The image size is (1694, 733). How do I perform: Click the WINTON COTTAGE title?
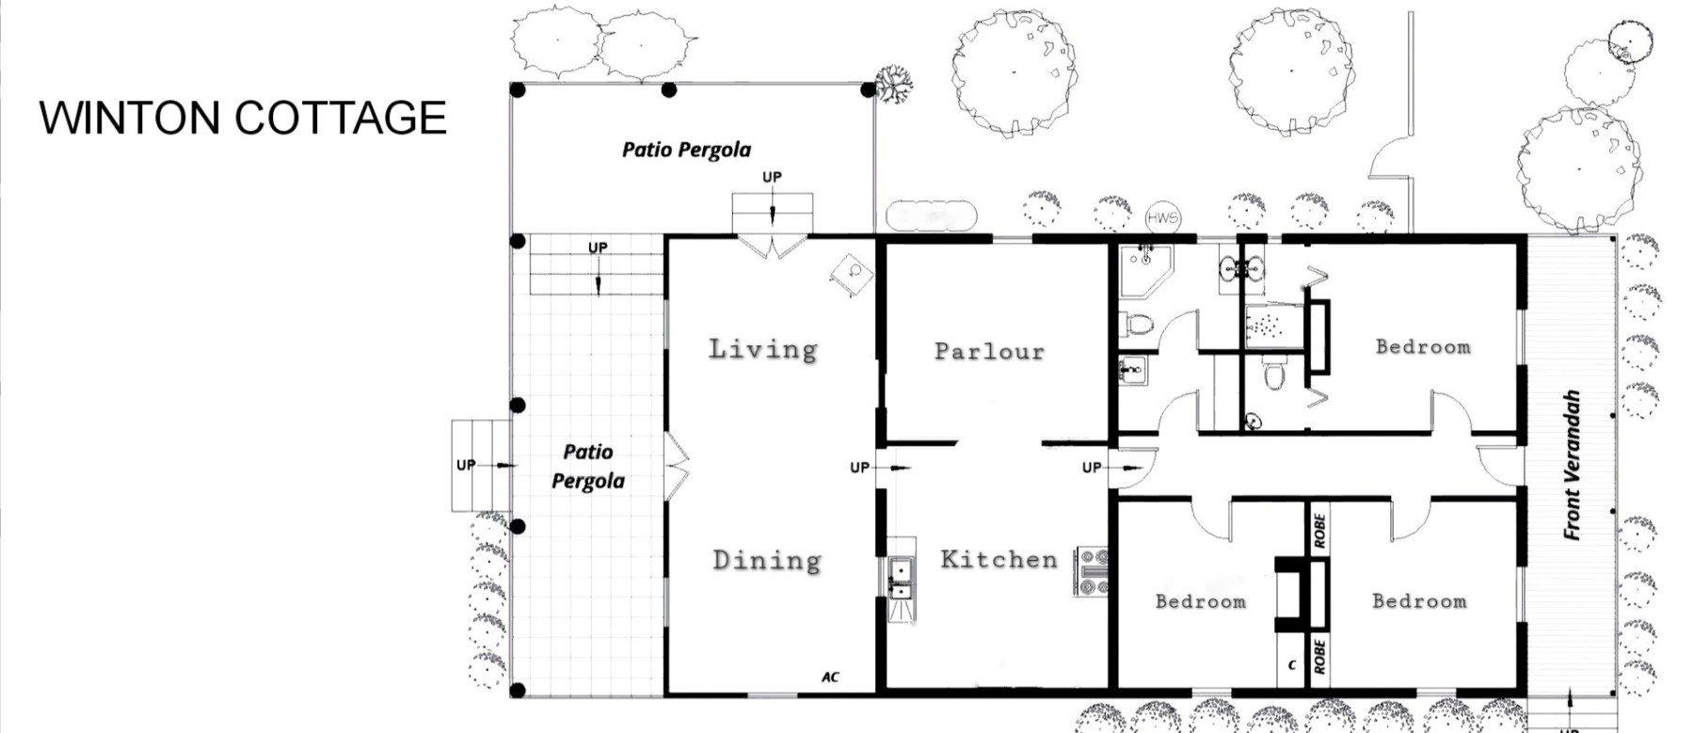(x=243, y=118)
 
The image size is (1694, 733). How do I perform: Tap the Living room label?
(x=763, y=349)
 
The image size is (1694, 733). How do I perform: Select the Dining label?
(x=767, y=561)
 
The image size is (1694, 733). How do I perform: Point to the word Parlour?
(x=989, y=351)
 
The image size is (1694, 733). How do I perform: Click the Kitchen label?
(x=999, y=559)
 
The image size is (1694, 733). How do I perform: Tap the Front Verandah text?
(x=1571, y=465)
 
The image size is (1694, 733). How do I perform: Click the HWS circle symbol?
(x=1162, y=217)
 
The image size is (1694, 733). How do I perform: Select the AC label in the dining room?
(x=830, y=677)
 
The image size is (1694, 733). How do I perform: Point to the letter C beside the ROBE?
(x=1291, y=665)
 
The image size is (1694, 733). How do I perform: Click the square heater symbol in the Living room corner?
(x=852, y=274)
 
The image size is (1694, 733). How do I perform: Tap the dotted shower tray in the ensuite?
(x=1272, y=325)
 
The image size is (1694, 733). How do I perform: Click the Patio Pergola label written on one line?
(x=687, y=150)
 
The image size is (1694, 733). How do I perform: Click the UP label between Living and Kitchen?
(x=859, y=468)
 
